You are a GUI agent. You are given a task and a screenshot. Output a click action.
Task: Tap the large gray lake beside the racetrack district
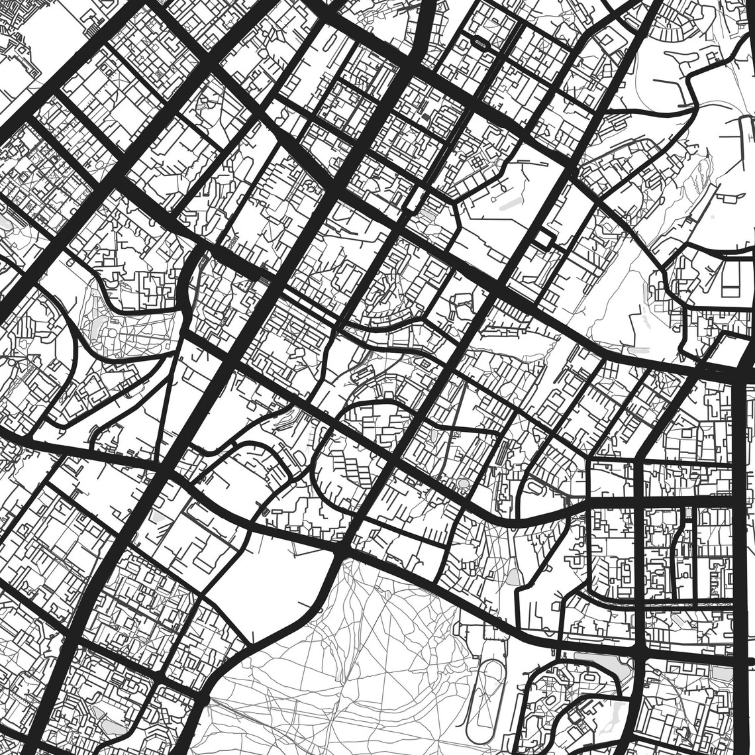point(599,662)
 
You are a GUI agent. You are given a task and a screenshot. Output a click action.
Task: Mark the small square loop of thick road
point(545,239)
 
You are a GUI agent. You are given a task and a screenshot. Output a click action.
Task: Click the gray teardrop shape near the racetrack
point(513,576)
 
